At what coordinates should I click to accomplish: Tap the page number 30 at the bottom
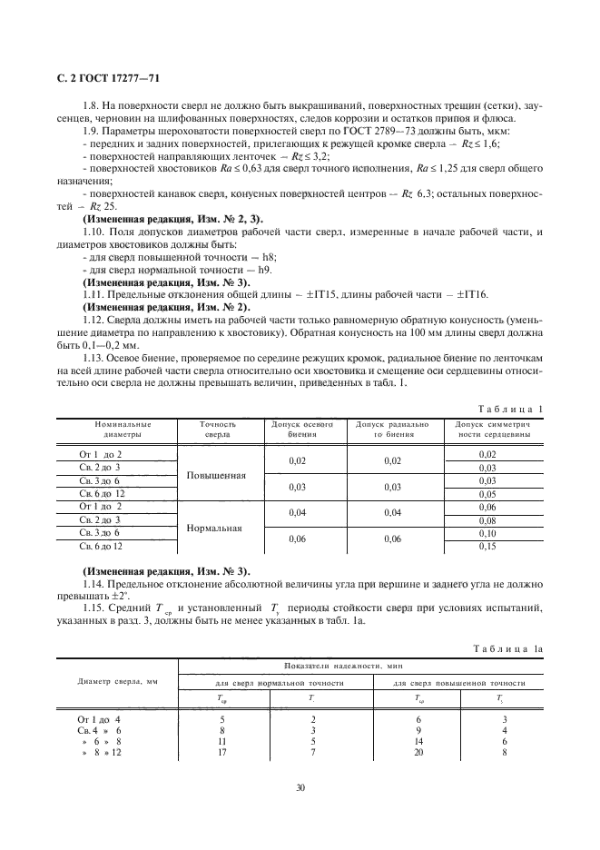[300, 787]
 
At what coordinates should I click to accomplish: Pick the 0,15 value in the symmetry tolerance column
[487, 547]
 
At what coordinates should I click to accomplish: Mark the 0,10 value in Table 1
[487, 533]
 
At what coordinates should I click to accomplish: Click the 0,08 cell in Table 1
[487, 520]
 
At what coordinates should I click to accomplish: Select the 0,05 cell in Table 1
[487, 493]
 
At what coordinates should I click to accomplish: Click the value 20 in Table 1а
[418, 753]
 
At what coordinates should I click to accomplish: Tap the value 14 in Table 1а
[418, 741]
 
